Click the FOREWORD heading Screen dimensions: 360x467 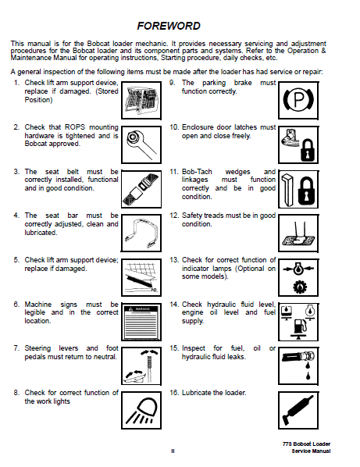(169, 26)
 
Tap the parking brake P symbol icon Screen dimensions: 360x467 (298, 101)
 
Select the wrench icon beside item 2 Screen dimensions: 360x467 (141, 144)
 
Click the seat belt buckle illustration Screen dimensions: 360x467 (141, 188)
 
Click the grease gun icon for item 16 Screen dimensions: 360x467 (298, 410)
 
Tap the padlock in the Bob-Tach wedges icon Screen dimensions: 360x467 (306, 191)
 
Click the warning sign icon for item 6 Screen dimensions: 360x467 (141, 322)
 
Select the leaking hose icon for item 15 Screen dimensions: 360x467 (298, 364)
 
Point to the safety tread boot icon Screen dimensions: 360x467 (298, 233)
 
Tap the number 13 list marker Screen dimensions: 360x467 (174, 260)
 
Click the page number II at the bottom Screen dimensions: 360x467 (173, 451)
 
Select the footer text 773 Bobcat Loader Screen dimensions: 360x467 (306, 444)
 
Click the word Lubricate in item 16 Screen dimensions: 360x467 (196, 393)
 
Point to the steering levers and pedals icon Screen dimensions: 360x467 (141, 366)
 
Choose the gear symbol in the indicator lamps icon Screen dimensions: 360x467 (300, 287)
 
